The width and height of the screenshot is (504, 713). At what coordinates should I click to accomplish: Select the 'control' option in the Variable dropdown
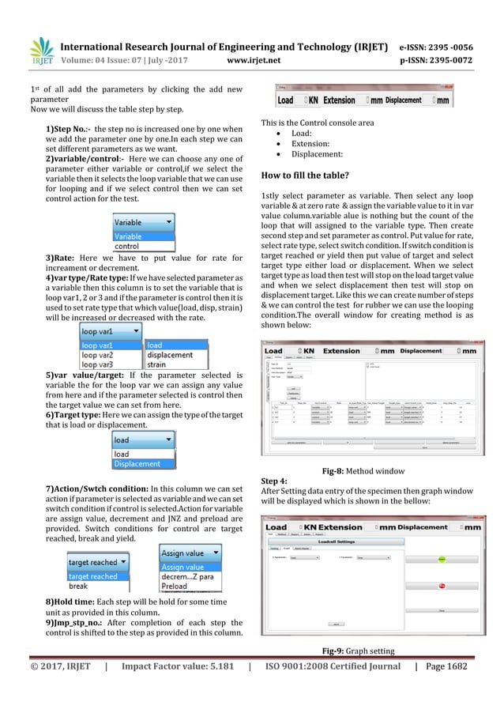[x=127, y=247]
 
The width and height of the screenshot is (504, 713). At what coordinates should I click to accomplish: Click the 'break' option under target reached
[x=78, y=587]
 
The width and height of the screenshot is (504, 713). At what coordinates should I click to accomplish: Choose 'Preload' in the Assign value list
[x=178, y=587]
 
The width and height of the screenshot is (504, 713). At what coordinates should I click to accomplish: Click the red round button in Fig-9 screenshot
[x=442, y=586]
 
